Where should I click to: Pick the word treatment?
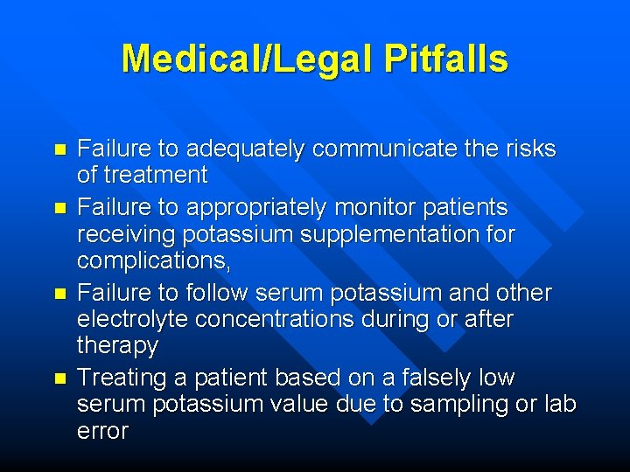click(155, 175)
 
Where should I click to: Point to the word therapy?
click(117, 346)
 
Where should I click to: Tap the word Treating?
click(120, 379)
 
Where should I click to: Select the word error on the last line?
click(102, 431)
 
